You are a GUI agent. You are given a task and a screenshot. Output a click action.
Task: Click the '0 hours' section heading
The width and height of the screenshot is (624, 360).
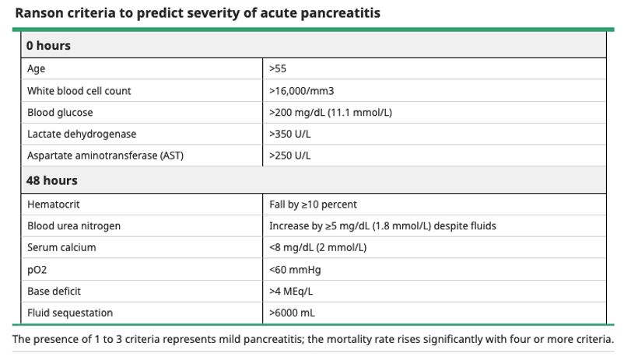coord(48,46)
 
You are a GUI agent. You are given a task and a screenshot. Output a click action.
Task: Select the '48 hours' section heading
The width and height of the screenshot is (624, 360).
coord(51,180)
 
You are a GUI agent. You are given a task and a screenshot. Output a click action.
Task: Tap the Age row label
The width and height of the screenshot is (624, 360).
coord(37,69)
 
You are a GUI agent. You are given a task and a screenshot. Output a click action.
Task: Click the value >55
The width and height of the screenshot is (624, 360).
coord(278,69)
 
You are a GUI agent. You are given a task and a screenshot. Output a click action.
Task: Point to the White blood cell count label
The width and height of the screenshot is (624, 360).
coord(79,91)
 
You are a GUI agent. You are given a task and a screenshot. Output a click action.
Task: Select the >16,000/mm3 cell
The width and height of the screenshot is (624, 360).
coord(302,91)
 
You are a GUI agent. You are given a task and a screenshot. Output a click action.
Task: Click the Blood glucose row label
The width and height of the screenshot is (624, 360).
coord(60,113)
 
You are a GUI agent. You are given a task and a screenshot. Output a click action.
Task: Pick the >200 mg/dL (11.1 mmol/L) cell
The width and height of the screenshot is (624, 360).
coord(331,113)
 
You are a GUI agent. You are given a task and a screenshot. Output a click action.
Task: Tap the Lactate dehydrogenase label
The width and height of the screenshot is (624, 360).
coord(82,134)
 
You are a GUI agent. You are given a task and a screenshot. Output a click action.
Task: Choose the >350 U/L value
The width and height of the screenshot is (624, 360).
coord(290,134)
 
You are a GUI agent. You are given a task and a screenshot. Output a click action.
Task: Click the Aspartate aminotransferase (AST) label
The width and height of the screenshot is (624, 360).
coord(106,156)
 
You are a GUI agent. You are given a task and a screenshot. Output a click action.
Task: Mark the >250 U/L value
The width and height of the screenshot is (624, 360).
coord(290,156)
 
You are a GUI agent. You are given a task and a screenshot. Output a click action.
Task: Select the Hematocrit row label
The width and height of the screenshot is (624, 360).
coord(54,204)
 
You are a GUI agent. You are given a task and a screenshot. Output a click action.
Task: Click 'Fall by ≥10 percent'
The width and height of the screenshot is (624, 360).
coord(314,204)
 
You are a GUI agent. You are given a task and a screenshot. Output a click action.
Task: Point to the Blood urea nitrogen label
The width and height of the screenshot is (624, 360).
coord(74,226)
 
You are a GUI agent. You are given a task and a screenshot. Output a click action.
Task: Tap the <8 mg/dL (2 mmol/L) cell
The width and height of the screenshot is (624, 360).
coord(318,247)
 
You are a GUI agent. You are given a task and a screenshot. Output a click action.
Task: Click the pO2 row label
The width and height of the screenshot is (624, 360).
coord(37,270)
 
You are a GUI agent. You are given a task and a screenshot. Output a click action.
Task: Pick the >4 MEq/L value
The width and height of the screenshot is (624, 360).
coord(291,291)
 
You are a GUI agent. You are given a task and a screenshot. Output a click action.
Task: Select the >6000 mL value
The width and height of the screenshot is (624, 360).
coord(292,313)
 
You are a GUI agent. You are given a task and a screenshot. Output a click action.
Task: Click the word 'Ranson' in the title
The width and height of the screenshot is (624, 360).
coord(39,13)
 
